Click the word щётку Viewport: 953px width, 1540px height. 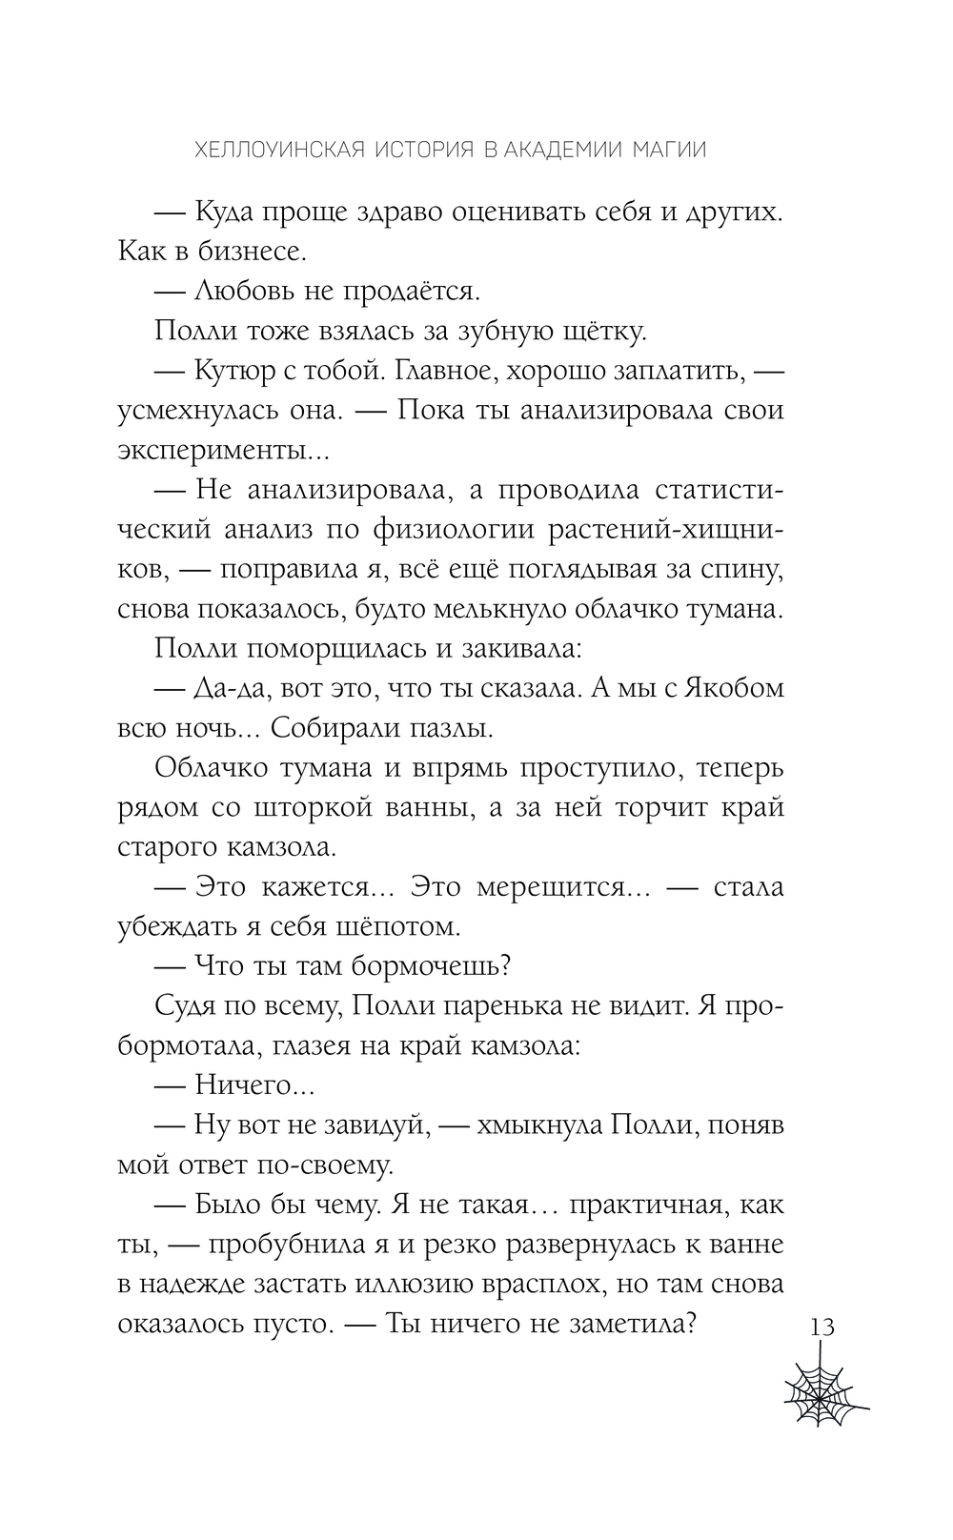(603, 331)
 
